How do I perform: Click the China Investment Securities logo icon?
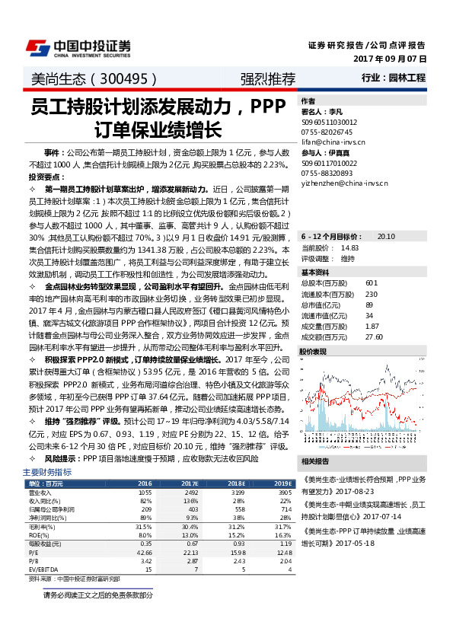[x=38, y=47]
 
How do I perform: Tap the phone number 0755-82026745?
[x=327, y=131]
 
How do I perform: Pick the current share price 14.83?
[x=349, y=247]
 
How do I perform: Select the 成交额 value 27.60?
[x=373, y=336]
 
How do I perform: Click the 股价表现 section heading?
[x=314, y=352]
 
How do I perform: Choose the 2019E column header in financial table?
[x=283, y=483]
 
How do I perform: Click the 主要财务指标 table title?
[x=42, y=473]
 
